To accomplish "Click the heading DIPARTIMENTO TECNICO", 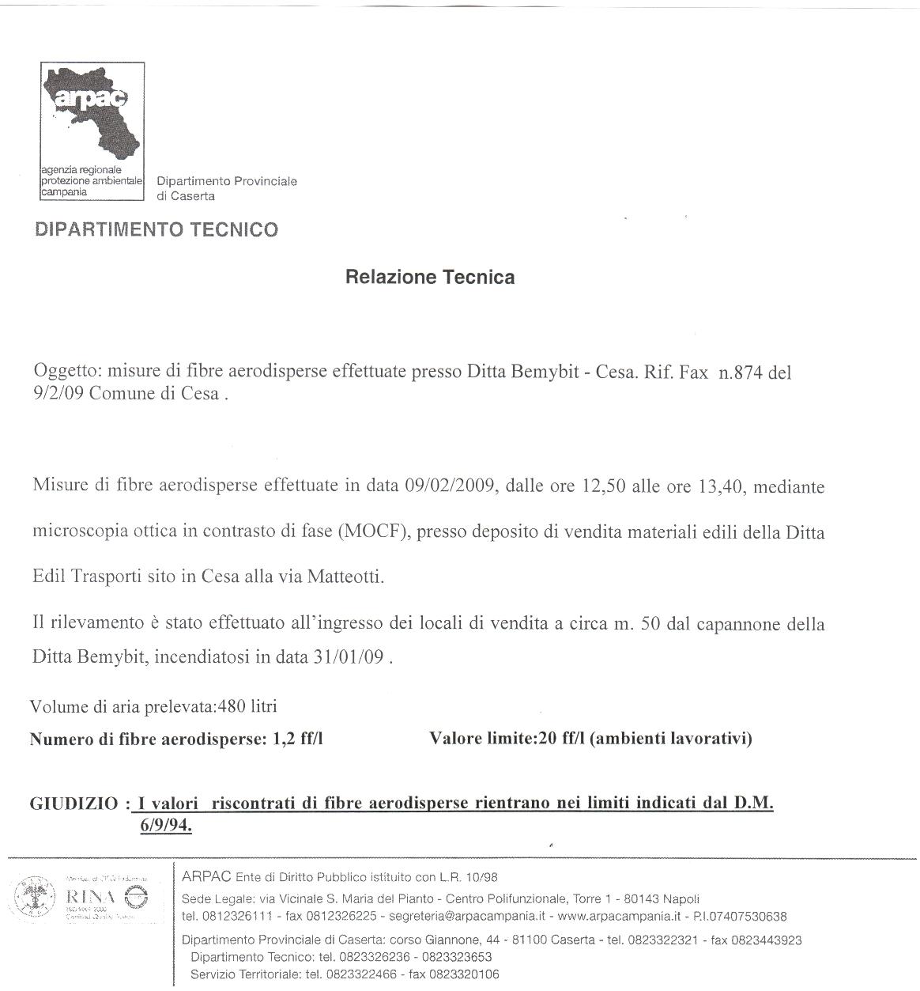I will pyautogui.click(x=156, y=230).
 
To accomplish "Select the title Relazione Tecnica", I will pyautogui.click(x=430, y=277).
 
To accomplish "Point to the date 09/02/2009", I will pyautogui.click(x=450, y=486).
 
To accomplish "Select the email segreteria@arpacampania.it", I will pyautogui.click(x=481, y=917).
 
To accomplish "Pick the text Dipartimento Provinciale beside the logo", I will pyautogui.click(x=227, y=182).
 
